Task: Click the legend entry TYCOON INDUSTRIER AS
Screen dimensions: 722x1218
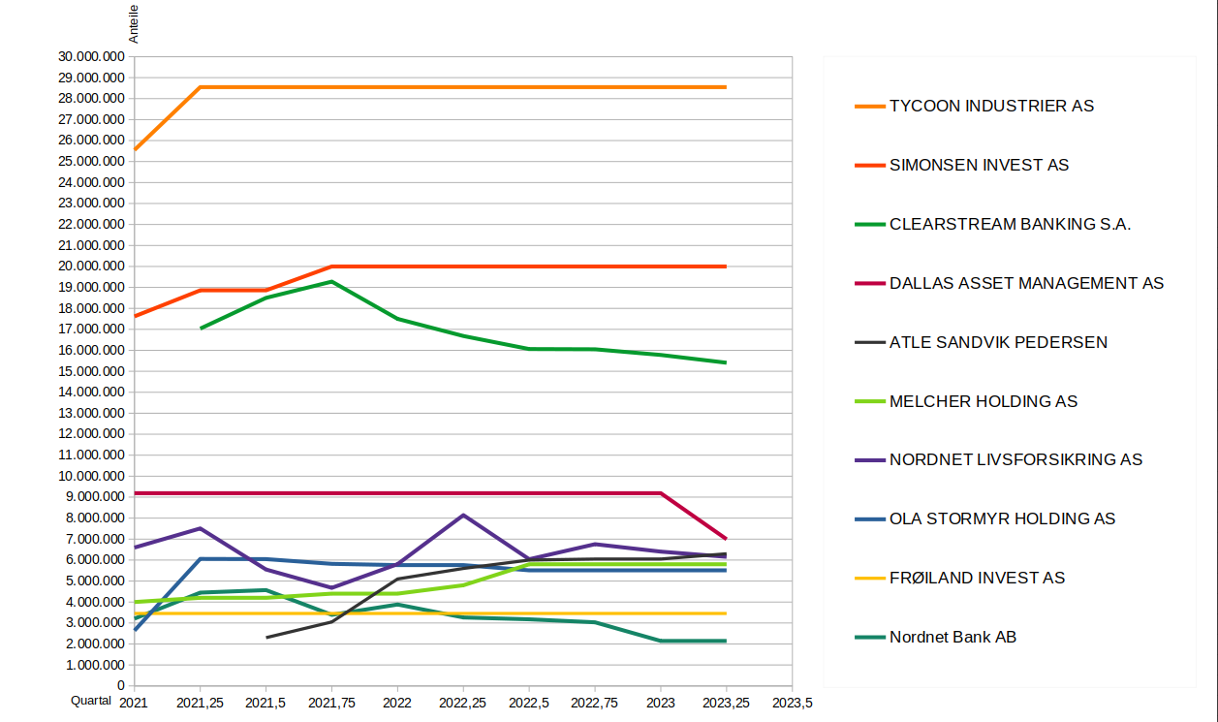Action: coord(991,106)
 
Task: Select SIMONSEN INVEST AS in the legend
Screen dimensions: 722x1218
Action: coord(979,165)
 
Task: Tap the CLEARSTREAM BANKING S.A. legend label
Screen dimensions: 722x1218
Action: coord(1010,224)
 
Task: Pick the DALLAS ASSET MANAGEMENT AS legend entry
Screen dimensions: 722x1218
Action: coord(1026,283)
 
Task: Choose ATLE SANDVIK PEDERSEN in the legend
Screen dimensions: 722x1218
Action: coord(998,342)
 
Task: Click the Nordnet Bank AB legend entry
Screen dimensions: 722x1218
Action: coord(953,637)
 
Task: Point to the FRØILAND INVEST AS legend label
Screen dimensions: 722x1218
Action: coord(977,578)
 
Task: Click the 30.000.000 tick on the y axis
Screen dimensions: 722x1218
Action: coord(91,56)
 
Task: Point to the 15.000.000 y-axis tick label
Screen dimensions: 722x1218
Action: coord(91,371)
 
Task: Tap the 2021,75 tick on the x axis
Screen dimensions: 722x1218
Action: coord(332,702)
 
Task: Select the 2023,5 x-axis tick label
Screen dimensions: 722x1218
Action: coord(793,702)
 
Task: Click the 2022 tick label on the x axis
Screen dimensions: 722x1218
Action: coord(398,702)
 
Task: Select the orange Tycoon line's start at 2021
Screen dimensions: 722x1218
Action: coord(135,150)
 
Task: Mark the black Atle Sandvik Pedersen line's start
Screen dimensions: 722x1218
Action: coord(266,638)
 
